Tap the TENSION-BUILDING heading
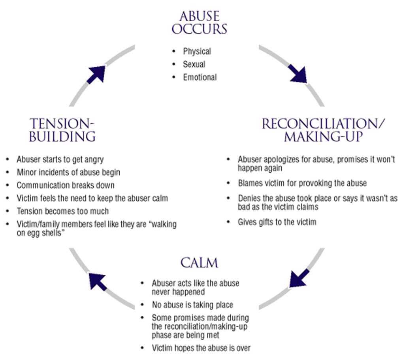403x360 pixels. (x=63, y=130)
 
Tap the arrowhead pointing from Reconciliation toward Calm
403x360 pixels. (x=298, y=278)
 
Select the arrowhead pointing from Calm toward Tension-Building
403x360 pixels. (x=97, y=280)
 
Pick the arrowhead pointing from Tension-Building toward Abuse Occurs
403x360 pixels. (x=96, y=74)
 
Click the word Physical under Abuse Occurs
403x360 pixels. (x=197, y=51)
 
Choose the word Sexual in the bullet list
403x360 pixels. (x=194, y=64)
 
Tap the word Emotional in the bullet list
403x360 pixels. (x=200, y=77)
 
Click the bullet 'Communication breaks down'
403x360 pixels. (x=66, y=185)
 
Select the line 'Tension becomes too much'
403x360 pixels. (x=62, y=211)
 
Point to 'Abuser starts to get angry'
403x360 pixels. (x=60, y=159)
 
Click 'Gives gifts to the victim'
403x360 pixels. (x=277, y=222)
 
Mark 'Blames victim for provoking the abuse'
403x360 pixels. (x=302, y=183)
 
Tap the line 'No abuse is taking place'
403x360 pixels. (x=192, y=305)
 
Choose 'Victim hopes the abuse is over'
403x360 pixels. (x=201, y=348)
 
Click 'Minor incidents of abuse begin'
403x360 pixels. (x=68, y=172)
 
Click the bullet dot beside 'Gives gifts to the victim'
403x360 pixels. (x=228, y=222)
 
